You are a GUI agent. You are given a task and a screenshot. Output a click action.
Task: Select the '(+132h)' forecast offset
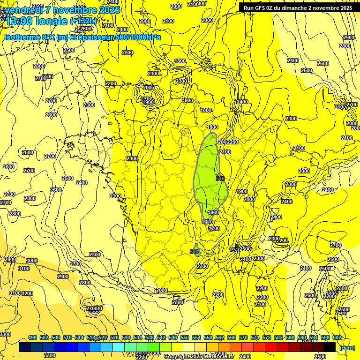tap(83, 21)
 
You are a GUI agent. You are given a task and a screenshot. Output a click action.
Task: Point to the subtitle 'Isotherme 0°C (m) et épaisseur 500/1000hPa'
tap(82, 37)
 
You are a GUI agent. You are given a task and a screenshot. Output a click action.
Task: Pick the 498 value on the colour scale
tap(32, 338)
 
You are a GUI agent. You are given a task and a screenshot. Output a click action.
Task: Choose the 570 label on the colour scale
tap(243, 338)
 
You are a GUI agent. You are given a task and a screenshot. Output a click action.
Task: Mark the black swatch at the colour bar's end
tap(330, 347)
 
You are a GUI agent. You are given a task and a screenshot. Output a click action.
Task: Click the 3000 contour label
tap(32, 261)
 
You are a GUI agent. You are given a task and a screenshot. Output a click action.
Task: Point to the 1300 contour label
tap(207, 222)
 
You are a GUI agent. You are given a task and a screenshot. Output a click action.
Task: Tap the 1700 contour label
tap(214, 228)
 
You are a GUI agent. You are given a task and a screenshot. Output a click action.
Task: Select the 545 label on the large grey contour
tap(220, 178)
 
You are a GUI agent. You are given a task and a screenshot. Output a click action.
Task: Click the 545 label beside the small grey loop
tap(194, 252)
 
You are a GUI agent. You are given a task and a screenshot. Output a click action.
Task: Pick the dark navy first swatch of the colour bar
tap(25, 347)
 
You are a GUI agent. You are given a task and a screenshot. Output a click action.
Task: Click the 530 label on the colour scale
tap(126, 338)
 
